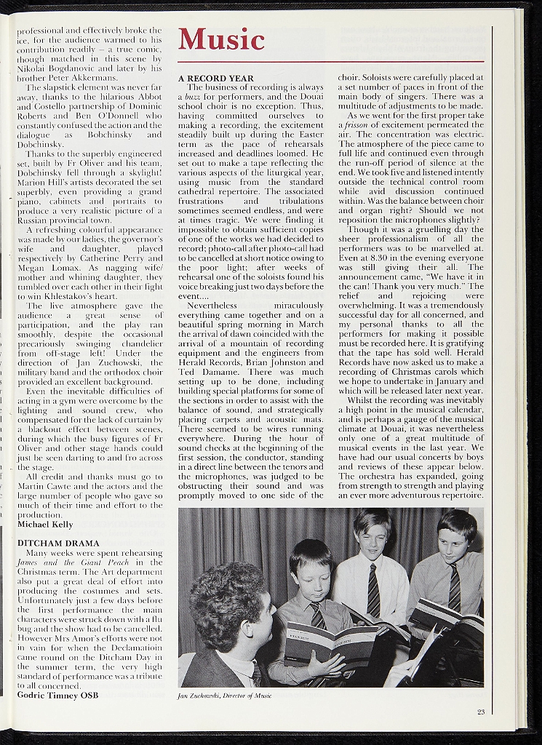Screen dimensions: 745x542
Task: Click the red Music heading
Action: pos(221,39)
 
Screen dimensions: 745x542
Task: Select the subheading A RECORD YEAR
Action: pos(216,78)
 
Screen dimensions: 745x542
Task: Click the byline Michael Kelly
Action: pos(44,524)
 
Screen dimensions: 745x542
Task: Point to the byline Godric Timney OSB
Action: pos(57,695)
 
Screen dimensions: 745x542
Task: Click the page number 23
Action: pos(481,712)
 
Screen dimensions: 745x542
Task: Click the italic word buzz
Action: pos(192,96)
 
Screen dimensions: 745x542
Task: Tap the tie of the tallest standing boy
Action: pos(373,589)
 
